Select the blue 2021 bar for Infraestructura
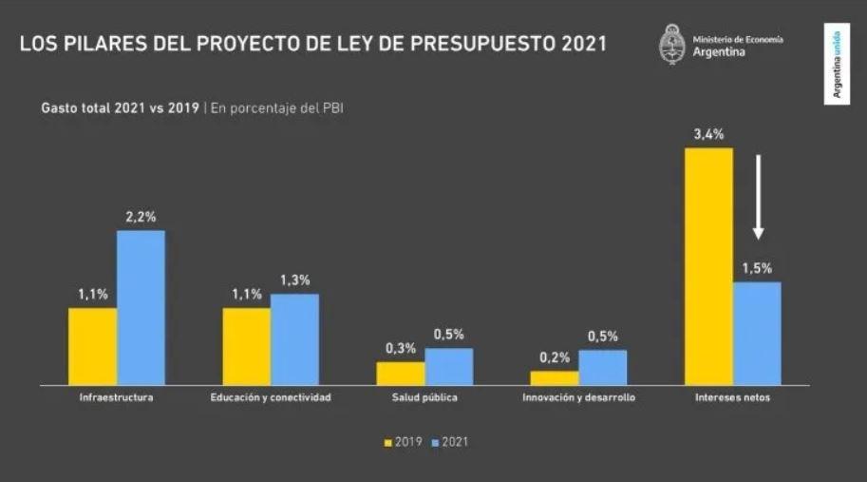pos(141,307)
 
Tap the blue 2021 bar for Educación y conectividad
pos(294,339)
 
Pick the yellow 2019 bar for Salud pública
pos(401,373)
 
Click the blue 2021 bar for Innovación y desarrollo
pos(602,367)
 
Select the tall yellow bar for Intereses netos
pos(708,266)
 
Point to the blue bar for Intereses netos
pos(757,333)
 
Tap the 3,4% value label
pos(708,133)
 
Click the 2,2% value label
pos(141,217)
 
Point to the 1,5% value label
pos(757,268)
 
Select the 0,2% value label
pos(555,357)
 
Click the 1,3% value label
pos(294,280)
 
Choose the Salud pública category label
pos(424,397)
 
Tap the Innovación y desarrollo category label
pos(578,397)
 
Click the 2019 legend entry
pos(404,442)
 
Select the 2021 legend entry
pos(450,442)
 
